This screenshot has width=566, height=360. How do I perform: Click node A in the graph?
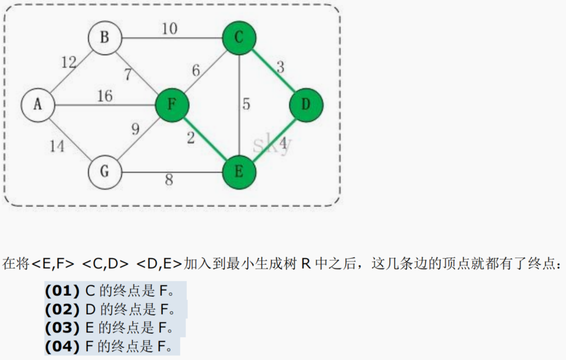click(x=38, y=105)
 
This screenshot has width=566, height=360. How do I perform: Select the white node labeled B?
click(x=105, y=38)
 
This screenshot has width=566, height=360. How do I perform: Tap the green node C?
click(x=239, y=38)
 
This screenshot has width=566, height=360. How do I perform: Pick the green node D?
click(x=306, y=105)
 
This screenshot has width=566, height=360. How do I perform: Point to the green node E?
click(x=239, y=172)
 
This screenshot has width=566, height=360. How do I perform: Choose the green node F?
click(x=172, y=105)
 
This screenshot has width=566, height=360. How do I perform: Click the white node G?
click(x=105, y=172)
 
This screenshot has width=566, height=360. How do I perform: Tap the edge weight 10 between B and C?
click(x=170, y=29)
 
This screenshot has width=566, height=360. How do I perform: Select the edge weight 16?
click(x=105, y=96)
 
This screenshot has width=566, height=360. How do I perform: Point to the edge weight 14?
click(x=57, y=146)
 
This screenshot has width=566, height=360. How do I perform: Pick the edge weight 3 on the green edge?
click(x=280, y=67)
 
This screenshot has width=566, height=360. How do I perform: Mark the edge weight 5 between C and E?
click(x=246, y=105)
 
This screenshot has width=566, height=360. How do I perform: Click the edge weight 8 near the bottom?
click(x=169, y=180)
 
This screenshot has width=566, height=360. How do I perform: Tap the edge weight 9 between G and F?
click(x=135, y=129)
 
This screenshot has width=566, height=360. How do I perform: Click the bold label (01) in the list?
click(x=61, y=290)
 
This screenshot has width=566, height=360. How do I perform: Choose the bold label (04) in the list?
click(x=61, y=347)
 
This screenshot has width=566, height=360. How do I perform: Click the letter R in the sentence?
click(x=306, y=263)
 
